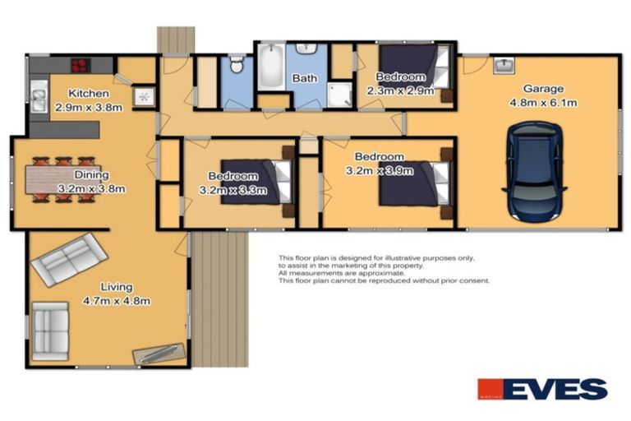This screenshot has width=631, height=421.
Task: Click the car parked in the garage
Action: (x=534, y=171)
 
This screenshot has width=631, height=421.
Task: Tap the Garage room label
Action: (x=543, y=89)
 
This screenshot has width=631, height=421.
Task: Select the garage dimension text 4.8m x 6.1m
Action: (x=543, y=103)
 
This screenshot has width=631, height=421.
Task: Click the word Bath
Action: (x=306, y=79)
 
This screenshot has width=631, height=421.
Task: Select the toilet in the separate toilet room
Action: (x=236, y=66)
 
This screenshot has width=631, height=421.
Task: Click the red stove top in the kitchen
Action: (x=80, y=65)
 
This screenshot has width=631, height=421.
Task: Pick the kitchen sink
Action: (x=37, y=99)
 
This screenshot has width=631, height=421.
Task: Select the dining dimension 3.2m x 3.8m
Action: (x=90, y=189)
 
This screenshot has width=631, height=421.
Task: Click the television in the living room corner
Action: (x=161, y=352)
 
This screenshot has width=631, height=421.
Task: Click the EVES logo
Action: (x=542, y=389)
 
